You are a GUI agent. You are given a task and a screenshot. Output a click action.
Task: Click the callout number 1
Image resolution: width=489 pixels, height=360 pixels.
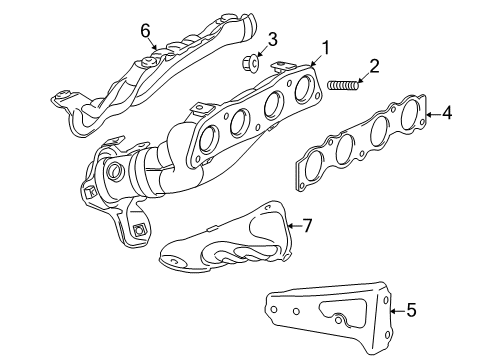pos(323,45)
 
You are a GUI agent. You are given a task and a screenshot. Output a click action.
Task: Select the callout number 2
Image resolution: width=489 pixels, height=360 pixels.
pos(374,66)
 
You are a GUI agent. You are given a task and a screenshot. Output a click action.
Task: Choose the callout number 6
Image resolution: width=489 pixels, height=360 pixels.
pos(145,31)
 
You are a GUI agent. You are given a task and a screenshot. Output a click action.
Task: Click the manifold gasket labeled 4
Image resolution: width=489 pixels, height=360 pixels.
pos(365,140)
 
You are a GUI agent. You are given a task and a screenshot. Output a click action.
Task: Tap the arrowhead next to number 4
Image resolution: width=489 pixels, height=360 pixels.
pos(430,115)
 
